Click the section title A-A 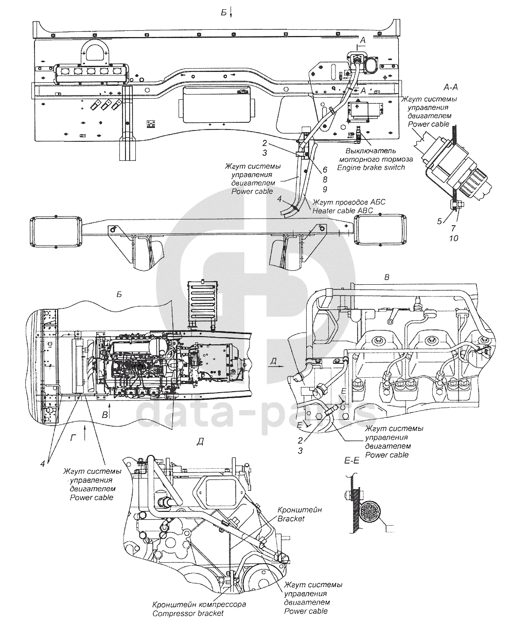click(x=451, y=87)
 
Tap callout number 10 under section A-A click(x=453, y=238)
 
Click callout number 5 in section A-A click(x=439, y=222)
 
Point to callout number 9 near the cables click(x=325, y=189)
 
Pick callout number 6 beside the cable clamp click(x=325, y=170)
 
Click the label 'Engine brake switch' click(x=371, y=168)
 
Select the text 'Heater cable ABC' click(x=343, y=211)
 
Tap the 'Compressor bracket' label click(x=188, y=613)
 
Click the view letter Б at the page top click(x=224, y=12)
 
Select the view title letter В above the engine click(x=386, y=277)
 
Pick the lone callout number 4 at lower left click(x=43, y=464)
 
